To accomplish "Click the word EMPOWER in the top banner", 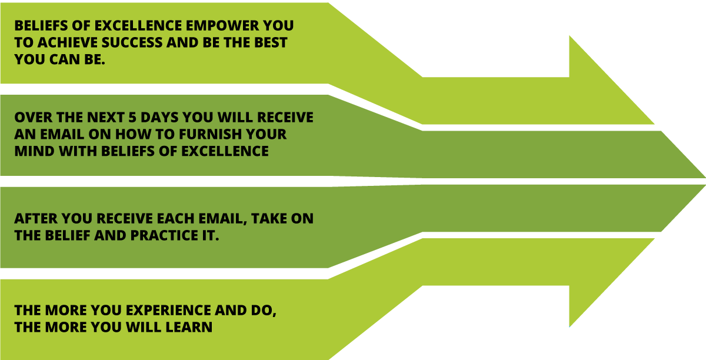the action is tap(222, 25).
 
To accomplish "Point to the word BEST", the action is tap(271, 42).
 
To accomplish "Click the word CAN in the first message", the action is tap(65, 59).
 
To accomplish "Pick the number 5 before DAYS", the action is tap(132, 118).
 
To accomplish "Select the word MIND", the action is tap(35, 151).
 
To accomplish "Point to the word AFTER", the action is tap(36, 219).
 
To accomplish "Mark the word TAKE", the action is tap(269, 219).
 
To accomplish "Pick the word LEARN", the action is tap(189, 327).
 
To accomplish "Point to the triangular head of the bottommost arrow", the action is tap(611, 283).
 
